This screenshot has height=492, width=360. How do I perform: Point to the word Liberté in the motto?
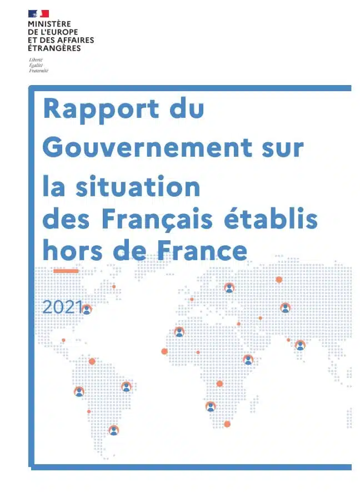pyautogui.click(x=36, y=60)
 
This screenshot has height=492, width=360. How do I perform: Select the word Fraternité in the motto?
pyautogui.click(x=39, y=71)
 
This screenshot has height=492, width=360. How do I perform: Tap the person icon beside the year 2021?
pyautogui.click(x=87, y=310)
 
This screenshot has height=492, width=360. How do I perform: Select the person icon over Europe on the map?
pyautogui.click(x=229, y=288)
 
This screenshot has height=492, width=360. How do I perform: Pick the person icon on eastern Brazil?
pyautogui.click(x=126, y=386)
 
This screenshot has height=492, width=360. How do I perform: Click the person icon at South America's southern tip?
pyautogui.click(x=114, y=430)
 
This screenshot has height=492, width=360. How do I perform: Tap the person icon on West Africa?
pyautogui.click(x=179, y=332)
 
